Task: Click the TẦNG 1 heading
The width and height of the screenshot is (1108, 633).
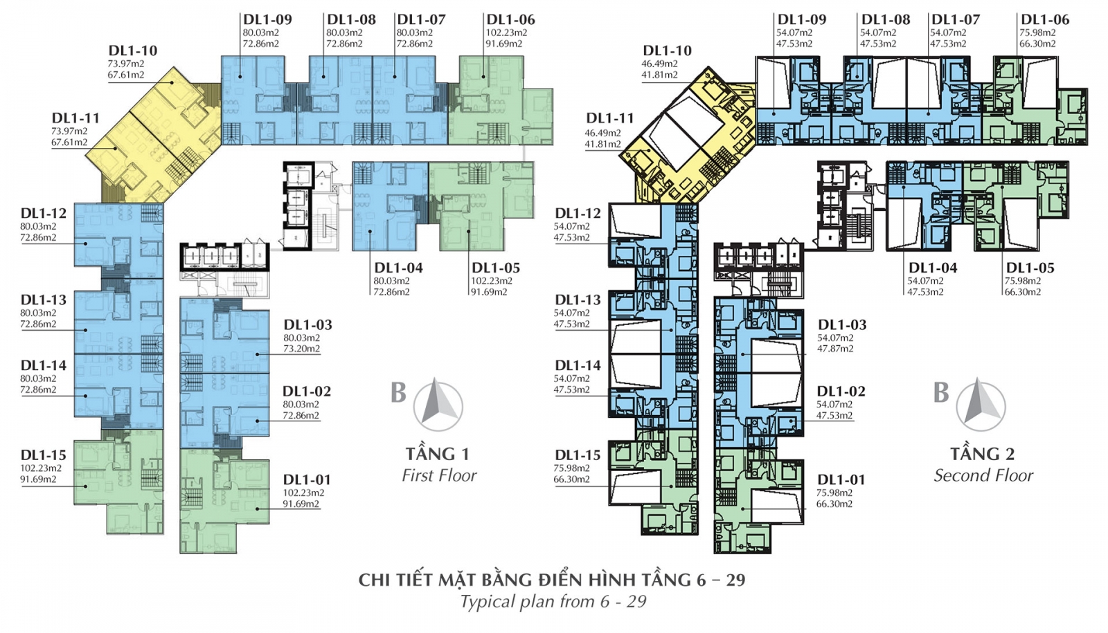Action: (437, 454)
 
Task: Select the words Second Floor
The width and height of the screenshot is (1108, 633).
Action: (983, 475)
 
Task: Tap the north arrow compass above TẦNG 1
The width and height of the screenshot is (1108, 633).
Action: (438, 404)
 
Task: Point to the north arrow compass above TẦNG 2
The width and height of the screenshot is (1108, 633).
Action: (980, 404)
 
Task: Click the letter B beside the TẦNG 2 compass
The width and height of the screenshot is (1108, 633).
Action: (940, 393)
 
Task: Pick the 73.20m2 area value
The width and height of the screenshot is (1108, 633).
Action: (301, 349)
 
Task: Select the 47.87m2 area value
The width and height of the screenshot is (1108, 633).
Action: (835, 349)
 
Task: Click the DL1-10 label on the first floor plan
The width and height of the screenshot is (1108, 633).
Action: (132, 51)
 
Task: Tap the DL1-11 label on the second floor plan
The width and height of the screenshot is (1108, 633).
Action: (609, 118)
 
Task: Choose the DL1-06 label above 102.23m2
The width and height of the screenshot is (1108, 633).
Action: (510, 20)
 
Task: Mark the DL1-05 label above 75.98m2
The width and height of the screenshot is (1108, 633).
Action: (1030, 268)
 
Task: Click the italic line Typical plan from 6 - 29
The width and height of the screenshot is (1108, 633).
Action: (553, 601)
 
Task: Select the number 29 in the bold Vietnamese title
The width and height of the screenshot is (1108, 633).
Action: (735, 580)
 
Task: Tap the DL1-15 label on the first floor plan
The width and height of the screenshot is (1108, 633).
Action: (43, 455)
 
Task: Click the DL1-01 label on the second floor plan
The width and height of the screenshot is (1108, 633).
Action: (841, 479)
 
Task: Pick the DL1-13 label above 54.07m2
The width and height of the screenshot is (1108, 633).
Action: (577, 300)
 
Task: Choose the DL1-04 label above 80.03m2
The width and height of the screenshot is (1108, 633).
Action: (398, 268)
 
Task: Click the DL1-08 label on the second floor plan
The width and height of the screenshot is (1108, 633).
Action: (886, 20)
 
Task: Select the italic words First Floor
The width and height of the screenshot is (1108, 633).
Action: (439, 475)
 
